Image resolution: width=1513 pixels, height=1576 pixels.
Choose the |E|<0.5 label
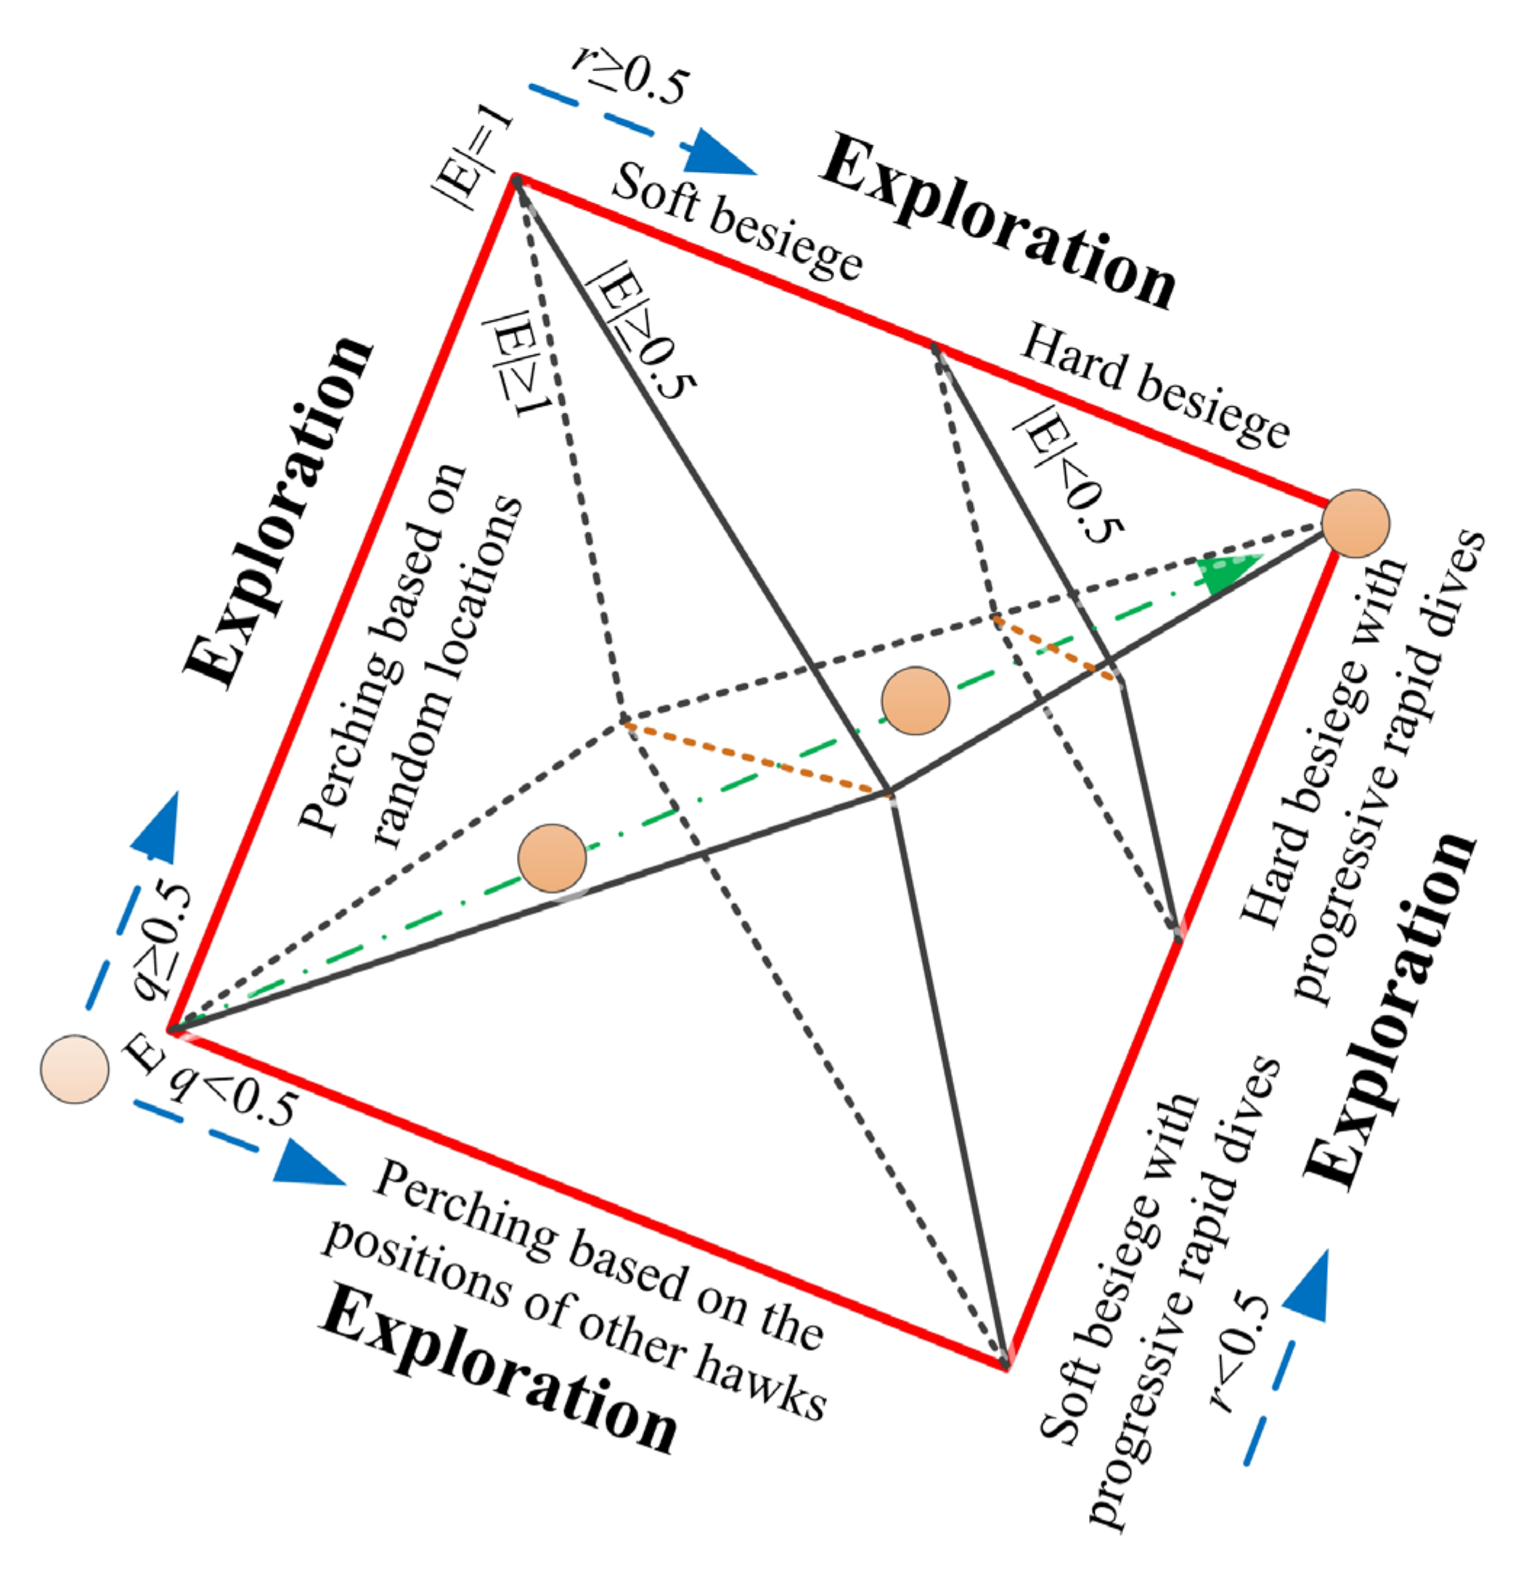(x=1066, y=475)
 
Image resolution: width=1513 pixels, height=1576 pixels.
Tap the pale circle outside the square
(x=74, y=1070)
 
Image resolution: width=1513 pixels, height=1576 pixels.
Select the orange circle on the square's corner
(x=1355, y=523)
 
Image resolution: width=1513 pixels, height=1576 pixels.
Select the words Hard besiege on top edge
(x=1154, y=385)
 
